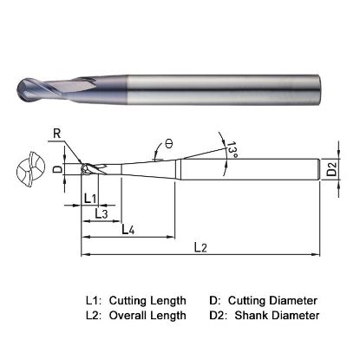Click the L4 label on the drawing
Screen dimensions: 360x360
127,229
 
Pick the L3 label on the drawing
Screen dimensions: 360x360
101,213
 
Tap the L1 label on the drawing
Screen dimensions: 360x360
89,199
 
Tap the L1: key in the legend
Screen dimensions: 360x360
95,300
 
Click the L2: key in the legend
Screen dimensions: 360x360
95,316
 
